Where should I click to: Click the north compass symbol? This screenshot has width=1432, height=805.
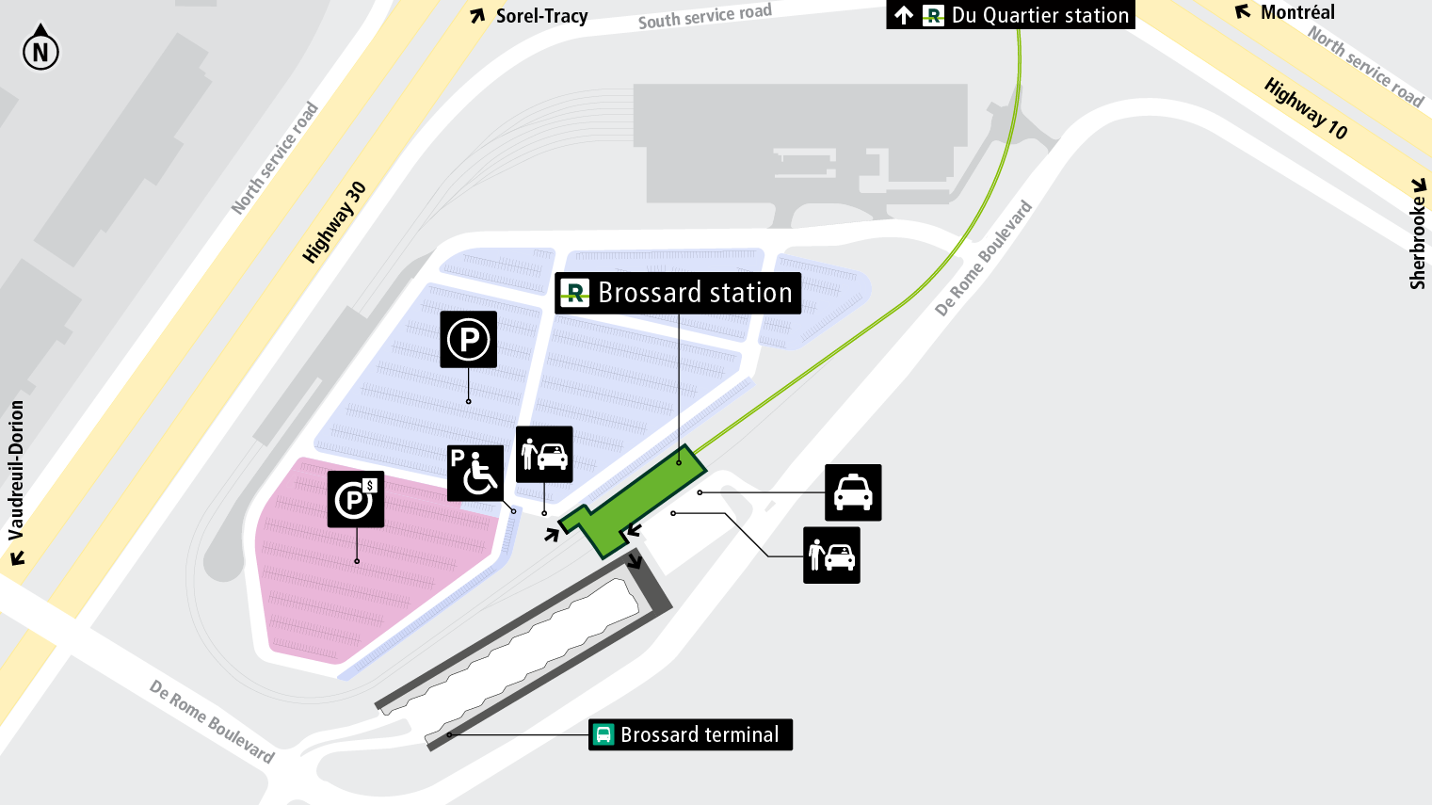coord(40,49)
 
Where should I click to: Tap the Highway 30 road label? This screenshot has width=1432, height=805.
coord(334,222)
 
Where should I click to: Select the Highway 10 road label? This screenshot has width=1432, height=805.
coord(1306,108)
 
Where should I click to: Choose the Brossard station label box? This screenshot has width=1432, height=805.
coord(678,293)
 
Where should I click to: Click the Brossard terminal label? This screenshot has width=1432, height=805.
coord(690,734)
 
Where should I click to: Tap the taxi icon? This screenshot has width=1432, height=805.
coord(853,492)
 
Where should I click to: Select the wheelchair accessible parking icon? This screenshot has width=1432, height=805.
coord(475,473)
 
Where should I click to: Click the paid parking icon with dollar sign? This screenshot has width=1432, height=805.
coord(356,499)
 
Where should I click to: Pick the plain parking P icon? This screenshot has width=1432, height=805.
coord(469,339)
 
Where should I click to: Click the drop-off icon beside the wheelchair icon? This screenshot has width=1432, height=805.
coord(544,455)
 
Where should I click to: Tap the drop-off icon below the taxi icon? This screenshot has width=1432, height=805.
coord(831,555)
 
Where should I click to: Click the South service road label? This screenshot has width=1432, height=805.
coord(704,16)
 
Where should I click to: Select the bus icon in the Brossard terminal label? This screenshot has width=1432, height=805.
coord(603,734)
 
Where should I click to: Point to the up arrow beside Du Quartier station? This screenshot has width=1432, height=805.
coord(904,15)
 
